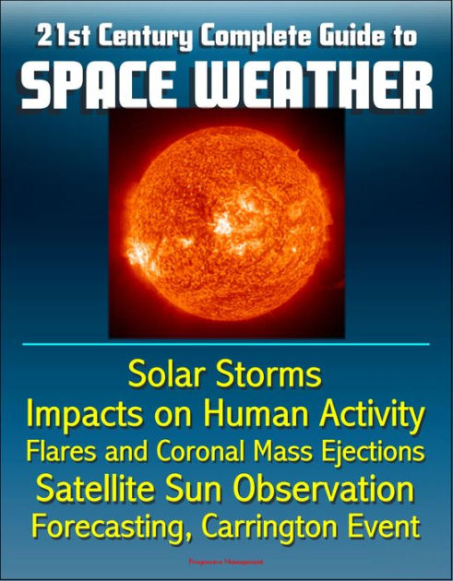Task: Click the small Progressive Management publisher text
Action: click(226, 560)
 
